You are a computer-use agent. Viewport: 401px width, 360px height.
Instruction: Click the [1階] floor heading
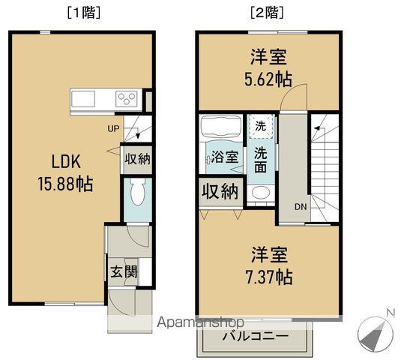83,12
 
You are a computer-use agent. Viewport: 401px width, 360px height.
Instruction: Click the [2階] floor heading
268,12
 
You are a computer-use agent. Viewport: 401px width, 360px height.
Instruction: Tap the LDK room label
65,162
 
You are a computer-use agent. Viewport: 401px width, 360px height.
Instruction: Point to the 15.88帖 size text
65,184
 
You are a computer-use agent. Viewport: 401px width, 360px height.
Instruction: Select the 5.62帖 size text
268,79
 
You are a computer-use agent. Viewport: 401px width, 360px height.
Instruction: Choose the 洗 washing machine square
259,125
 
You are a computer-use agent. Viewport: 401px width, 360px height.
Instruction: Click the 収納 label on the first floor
137,158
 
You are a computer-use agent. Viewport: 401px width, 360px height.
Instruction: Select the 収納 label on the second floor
219,191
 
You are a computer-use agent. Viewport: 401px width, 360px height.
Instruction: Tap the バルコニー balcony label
255,336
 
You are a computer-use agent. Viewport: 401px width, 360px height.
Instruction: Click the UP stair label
113,128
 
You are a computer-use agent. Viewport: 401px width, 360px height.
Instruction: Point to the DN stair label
299,208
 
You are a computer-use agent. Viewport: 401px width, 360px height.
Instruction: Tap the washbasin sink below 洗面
260,194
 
